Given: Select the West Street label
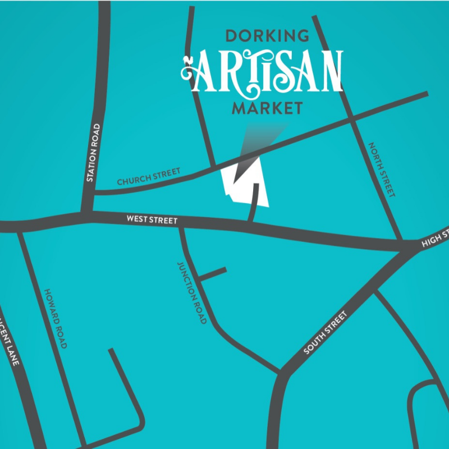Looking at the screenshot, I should [x=152, y=220].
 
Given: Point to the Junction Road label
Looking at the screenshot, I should [x=192, y=292].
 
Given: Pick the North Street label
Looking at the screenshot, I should [x=382, y=169].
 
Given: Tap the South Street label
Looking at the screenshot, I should [x=326, y=333].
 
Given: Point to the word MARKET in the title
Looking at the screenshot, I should [x=267, y=108].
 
